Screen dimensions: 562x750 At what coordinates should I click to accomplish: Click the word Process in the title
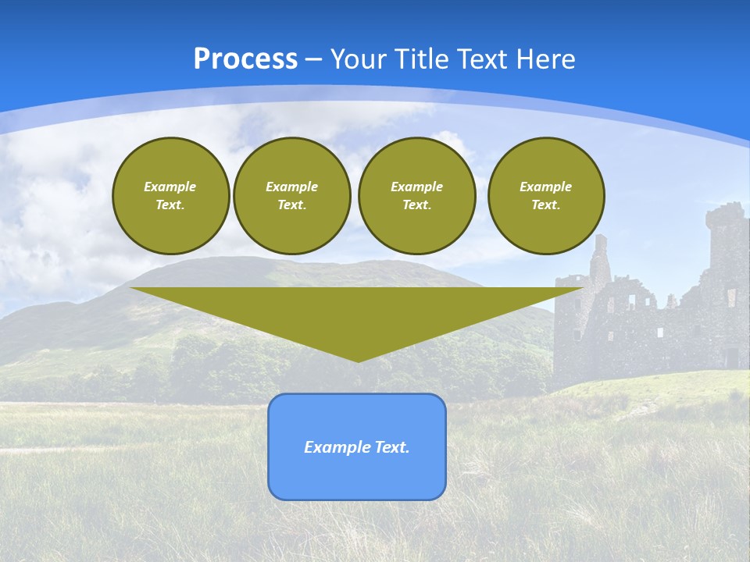point(245,59)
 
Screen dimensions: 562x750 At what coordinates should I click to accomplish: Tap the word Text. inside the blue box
point(392,447)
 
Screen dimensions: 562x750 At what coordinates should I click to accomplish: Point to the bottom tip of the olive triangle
point(358,361)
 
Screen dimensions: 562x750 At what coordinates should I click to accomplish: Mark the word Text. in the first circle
point(170,205)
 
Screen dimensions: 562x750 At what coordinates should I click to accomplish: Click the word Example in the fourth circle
point(545,187)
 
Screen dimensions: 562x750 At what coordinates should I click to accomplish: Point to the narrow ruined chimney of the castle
point(599,258)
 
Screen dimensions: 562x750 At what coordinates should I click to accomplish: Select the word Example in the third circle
point(416,187)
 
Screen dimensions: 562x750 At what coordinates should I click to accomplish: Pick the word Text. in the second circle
point(291,205)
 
